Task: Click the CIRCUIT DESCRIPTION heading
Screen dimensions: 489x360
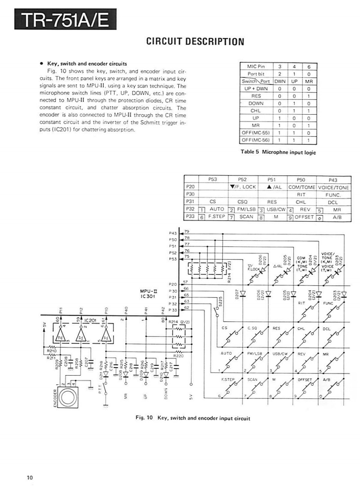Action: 195,42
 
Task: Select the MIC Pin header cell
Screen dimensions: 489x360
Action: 256,67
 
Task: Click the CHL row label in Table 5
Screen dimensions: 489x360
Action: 256,111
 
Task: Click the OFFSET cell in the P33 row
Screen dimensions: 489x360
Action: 305,217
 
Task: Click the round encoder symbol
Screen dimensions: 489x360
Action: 68,398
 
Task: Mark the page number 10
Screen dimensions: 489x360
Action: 29,477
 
